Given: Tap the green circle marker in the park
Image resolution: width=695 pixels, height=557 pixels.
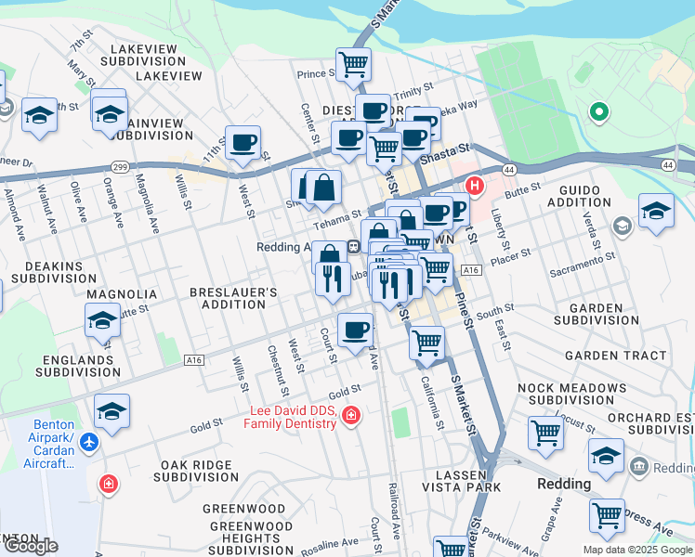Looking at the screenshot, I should [x=599, y=113].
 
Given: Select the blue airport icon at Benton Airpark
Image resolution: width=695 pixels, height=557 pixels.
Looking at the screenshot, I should [x=89, y=442].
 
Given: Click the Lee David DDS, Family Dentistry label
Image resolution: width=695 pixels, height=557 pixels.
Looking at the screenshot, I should [x=290, y=417].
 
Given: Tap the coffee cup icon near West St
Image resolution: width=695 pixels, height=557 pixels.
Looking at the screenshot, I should [x=243, y=143].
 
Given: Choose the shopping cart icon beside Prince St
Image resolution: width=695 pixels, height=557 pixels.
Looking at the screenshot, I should [x=353, y=64].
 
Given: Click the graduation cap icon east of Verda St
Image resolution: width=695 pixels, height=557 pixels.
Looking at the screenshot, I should [x=656, y=211].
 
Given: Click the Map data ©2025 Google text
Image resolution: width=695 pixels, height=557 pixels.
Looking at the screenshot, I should [x=637, y=550].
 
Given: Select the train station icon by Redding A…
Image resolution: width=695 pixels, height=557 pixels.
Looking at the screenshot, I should [x=354, y=247].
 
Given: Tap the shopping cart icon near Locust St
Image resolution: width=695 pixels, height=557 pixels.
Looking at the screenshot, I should [x=545, y=432].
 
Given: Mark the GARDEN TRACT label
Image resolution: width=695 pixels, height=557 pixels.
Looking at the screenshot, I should [x=615, y=356].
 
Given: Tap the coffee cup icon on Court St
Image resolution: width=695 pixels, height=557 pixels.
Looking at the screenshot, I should [x=354, y=330].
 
